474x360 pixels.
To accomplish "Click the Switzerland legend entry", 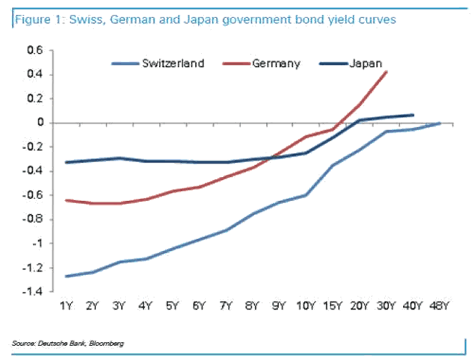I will (173, 63).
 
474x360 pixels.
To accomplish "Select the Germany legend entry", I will (275, 63).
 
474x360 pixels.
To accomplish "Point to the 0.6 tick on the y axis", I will (36, 51).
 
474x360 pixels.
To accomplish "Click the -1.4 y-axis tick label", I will (33, 292).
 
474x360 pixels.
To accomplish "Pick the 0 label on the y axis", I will (40, 123).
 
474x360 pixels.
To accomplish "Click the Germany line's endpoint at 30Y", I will (386, 71).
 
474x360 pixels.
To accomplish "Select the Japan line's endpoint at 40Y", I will (413, 115).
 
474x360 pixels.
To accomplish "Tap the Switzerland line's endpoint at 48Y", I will (439, 123).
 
